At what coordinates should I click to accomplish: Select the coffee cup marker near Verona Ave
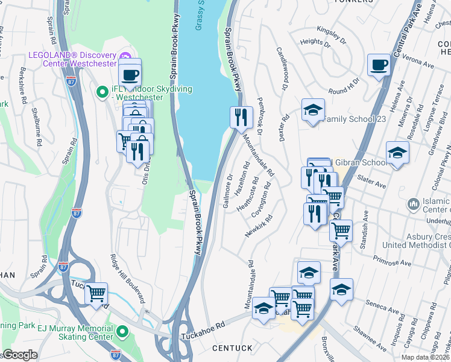click(x=379, y=65)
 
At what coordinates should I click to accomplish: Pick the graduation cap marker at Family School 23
click(x=313, y=110)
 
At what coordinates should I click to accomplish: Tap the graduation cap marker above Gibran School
click(x=397, y=153)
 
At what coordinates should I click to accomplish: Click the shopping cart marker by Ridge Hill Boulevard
click(x=96, y=294)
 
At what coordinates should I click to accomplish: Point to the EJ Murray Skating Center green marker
click(x=122, y=331)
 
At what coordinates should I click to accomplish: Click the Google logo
click(x=20, y=355)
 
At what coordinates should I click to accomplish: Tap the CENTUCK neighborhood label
click(x=232, y=349)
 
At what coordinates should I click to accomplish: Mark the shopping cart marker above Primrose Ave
click(x=341, y=230)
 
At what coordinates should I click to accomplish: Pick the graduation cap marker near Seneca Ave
click(x=341, y=290)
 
